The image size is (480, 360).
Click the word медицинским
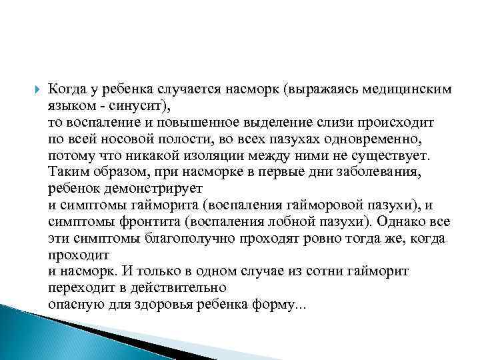coord(404,89)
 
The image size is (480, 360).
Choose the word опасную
coord(73,304)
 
